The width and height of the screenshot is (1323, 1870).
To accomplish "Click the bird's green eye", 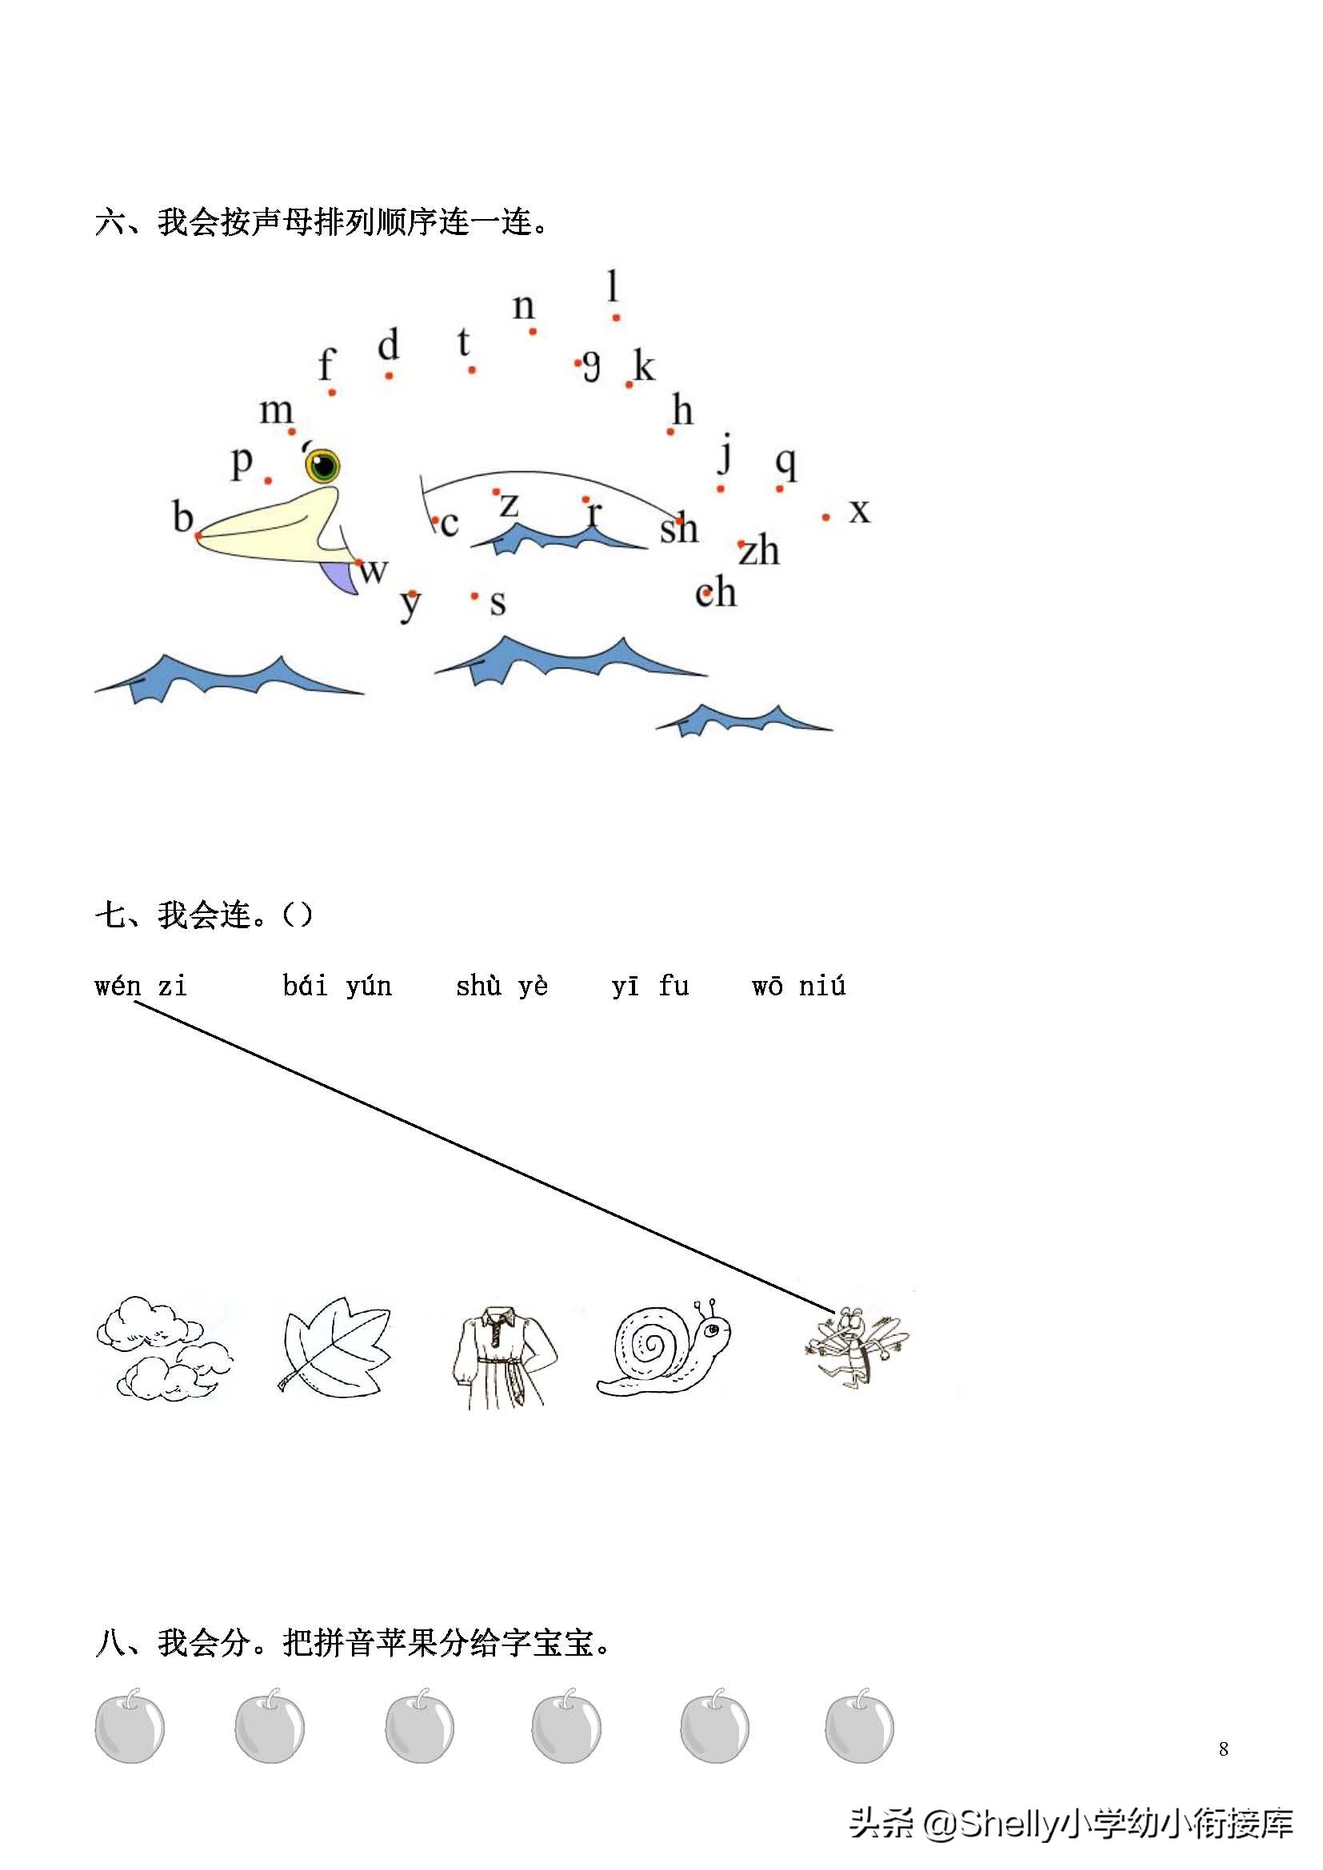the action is tap(323, 466).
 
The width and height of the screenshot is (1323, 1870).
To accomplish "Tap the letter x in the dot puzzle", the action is tap(859, 512).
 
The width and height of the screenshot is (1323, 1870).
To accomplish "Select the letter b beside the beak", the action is tap(182, 516).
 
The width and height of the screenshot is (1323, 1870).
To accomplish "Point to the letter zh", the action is tap(759, 550).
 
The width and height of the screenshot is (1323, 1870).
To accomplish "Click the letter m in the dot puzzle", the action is tap(276, 410).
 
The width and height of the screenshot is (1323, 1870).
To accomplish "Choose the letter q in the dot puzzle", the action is tap(785, 464).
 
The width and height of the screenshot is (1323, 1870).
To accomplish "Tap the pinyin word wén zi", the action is tap(141, 986).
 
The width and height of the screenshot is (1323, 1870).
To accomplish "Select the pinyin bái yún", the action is tap(338, 986).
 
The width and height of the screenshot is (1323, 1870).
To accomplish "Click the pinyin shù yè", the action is tap(502, 986).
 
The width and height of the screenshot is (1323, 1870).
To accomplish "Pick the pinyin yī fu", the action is tap(651, 986).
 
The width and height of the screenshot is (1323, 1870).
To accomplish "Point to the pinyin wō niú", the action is tap(798, 986).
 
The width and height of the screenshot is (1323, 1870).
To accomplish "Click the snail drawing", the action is tap(663, 1347).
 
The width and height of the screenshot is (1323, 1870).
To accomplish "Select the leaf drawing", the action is tap(335, 1348).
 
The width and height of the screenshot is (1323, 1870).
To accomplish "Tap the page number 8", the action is tap(1224, 1748).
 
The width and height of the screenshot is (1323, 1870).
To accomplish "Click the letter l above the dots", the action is tap(613, 286).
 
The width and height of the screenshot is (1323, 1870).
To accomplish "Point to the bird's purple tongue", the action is tap(341, 576).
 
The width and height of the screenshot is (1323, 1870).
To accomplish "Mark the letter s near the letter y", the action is tap(498, 603).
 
